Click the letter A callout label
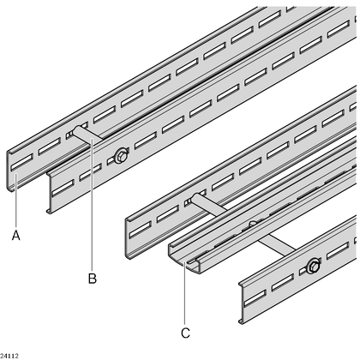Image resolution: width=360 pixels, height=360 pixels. (x=16, y=235)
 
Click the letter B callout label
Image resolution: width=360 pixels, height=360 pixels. (x=92, y=279)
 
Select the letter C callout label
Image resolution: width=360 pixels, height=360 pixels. (x=185, y=333)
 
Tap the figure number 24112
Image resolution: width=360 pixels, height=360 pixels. (x=9, y=356)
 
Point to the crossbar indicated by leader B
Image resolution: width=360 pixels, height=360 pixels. (x=87, y=135)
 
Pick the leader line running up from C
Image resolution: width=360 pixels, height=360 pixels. (x=185, y=293)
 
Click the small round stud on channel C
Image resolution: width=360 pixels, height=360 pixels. (x=252, y=224)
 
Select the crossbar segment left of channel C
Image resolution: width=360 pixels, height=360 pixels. (x=209, y=203)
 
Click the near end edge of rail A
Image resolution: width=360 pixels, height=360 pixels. (x=9, y=171)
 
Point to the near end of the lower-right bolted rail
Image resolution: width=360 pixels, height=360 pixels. (x=242, y=303)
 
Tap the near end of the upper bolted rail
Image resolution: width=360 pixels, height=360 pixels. (x=50, y=192)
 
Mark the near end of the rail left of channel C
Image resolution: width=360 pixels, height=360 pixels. (x=129, y=238)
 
